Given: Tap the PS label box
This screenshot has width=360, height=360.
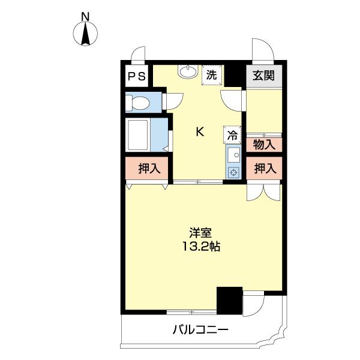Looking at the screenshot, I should pyautogui.click(x=136, y=76).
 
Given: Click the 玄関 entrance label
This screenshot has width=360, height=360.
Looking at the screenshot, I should pyautogui.click(x=263, y=76).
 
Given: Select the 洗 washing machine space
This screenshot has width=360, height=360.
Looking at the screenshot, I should pyautogui.click(x=211, y=76).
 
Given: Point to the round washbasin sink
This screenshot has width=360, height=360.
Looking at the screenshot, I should pyautogui.click(x=187, y=71).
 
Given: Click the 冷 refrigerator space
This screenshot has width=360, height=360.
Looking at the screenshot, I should pyautogui.click(x=232, y=135).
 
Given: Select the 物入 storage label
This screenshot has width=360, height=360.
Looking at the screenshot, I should pyautogui.click(x=264, y=145).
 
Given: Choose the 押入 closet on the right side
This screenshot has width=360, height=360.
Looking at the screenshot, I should pyautogui.click(x=264, y=169).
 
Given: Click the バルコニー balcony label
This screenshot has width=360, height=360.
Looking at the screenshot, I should pyautogui.click(x=200, y=329).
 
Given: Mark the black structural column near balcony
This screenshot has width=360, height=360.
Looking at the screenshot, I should pyautogui.click(x=229, y=301).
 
